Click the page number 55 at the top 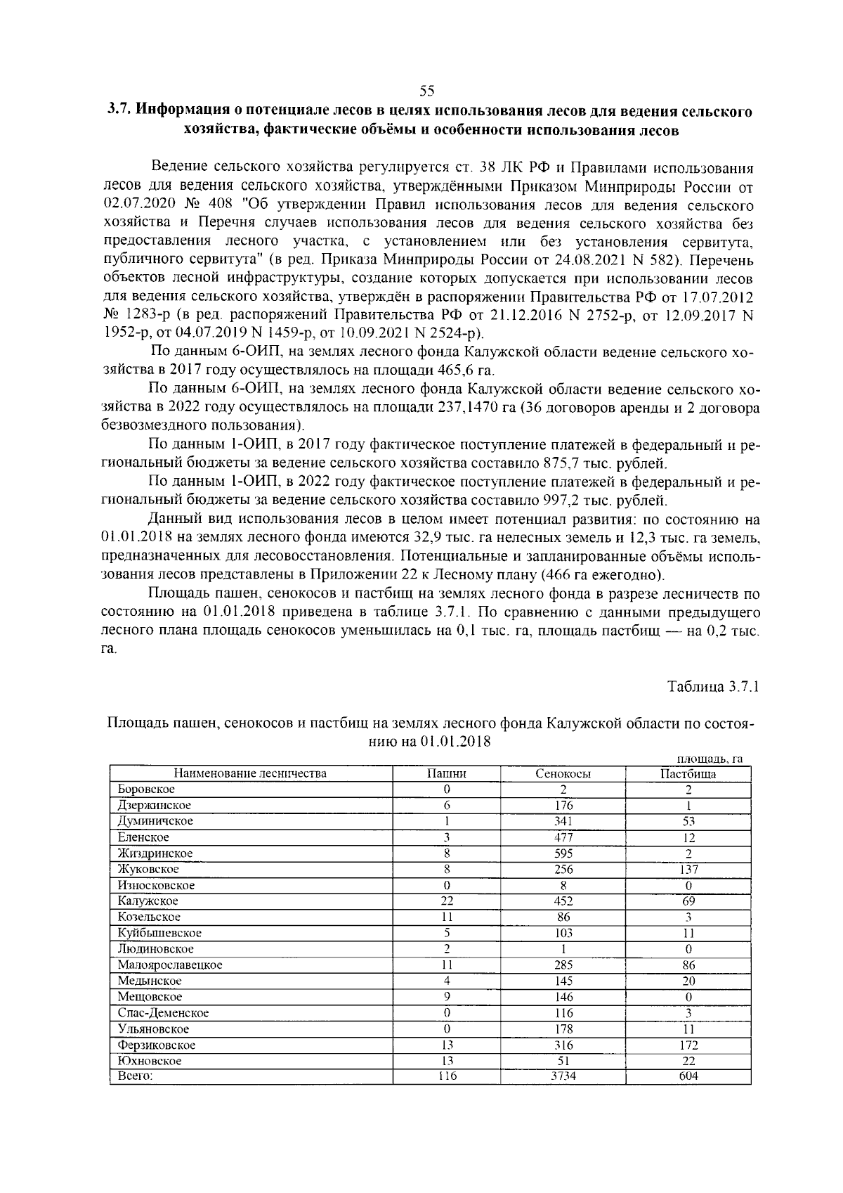tap(427, 90)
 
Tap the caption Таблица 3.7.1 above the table tap(713, 686)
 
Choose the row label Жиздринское tap(155, 853)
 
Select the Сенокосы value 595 tap(563, 853)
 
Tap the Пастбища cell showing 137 tap(688, 870)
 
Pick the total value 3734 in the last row tap(563, 1076)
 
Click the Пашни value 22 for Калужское tap(447, 901)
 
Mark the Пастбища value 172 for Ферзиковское tap(688, 1045)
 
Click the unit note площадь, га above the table tap(710, 758)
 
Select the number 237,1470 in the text tap(465, 408)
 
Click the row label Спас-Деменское tap(163, 1013)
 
